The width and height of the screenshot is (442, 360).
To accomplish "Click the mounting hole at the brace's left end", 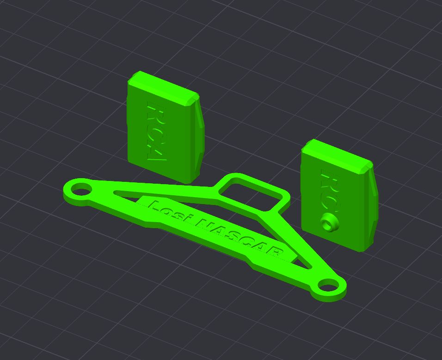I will point(81,190).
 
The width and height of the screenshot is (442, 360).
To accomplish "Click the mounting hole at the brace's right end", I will point(327,285).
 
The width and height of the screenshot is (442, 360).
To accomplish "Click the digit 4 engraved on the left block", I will point(156,154).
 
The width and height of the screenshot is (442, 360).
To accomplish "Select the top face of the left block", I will point(163,86).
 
